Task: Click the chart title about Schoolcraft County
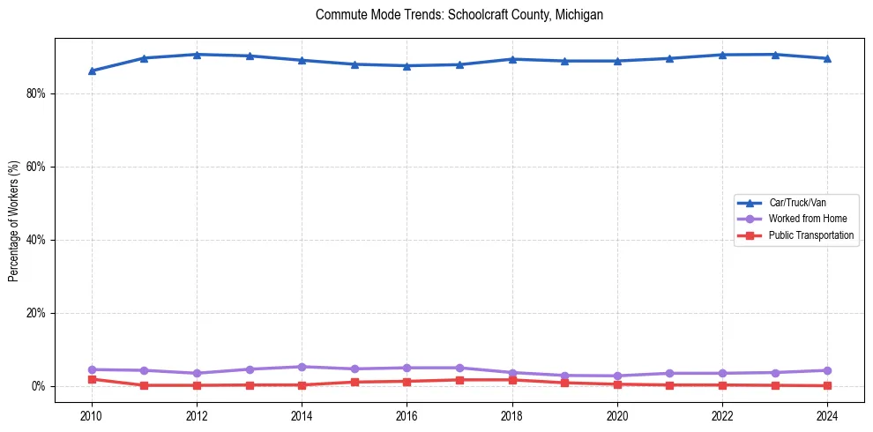click(x=459, y=15)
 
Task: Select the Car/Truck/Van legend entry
click(x=797, y=203)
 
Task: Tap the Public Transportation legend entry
click(x=810, y=235)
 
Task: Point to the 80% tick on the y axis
click(x=38, y=93)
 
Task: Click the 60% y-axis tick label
click(x=38, y=167)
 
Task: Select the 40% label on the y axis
click(x=38, y=240)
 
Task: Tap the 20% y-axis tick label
click(x=38, y=313)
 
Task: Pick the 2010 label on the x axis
click(x=92, y=415)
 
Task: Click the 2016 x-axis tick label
click(x=407, y=415)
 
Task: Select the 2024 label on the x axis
click(x=826, y=415)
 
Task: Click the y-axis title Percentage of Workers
click(x=14, y=220)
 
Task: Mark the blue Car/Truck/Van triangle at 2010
click(x=92, y=71)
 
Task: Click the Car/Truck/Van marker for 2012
click(x=197, y=55)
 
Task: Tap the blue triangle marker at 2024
click(x=826, y=58)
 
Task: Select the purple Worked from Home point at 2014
click(x=302, y=367)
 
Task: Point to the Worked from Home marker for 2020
click(x=616, y=376)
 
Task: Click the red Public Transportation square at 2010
click(x=92, y=379)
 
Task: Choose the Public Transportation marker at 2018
click(x=511, y=380)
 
